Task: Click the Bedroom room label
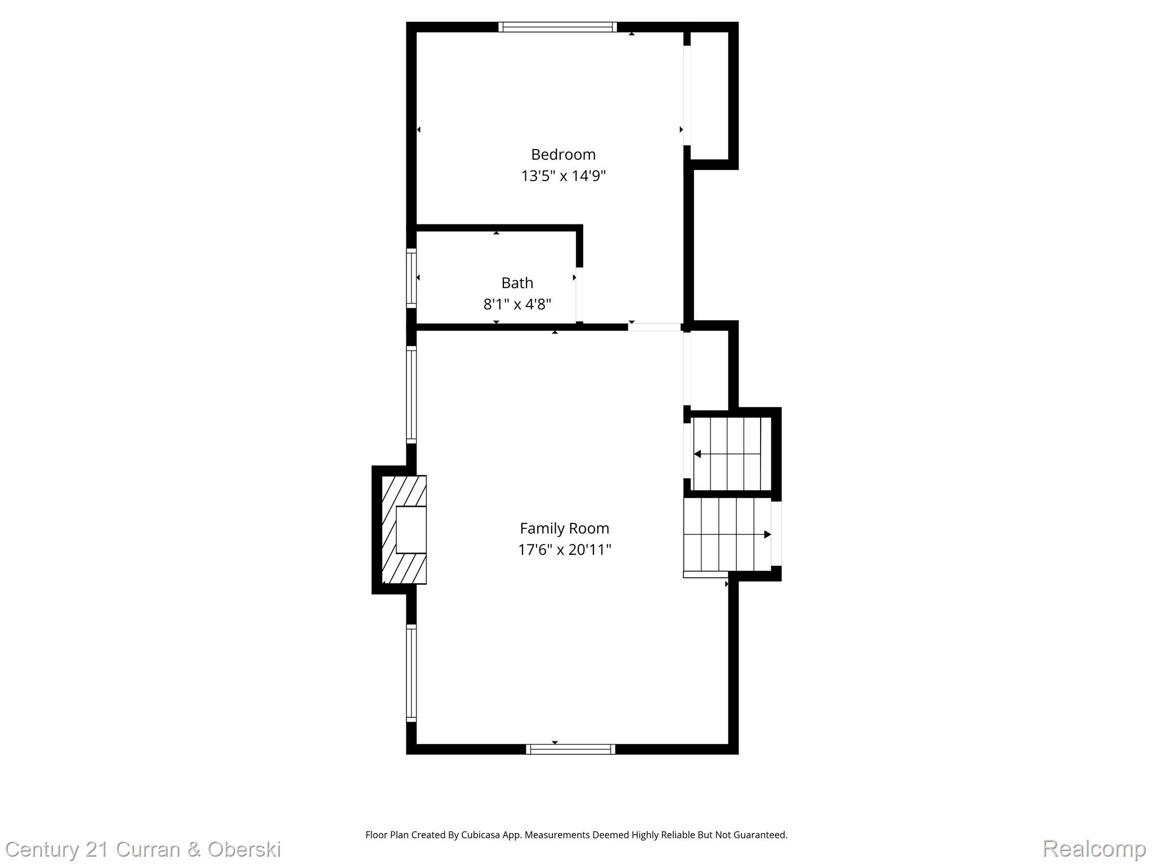click(x=563, y=154)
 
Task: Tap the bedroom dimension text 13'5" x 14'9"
click(x=563, y=176)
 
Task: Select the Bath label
click(x=517, y=282)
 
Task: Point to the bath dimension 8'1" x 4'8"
click(x=517, y=304)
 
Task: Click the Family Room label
click(x=564, y=528)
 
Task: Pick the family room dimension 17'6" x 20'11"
click(x=564, y=550)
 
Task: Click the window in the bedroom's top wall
click(x=557, y=27)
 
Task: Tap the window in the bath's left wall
click(x=412, y=278)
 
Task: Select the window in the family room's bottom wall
click(x=570, y=749)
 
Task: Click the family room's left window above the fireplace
click(x=412, y=394)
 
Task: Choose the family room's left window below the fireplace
click(x=412, y=673)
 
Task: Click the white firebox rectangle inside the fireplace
click(x=411, y=530)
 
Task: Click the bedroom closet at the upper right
click(x=709, y=96)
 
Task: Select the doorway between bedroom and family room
click(x=654, y=327)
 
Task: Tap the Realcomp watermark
click(x=1094, y=848)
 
